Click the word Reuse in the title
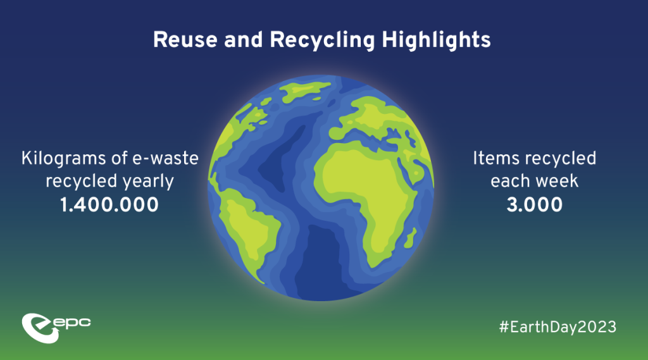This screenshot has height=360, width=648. (185, 40)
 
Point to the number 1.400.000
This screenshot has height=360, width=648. (109, 204)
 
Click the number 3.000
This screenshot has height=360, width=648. (534, 204)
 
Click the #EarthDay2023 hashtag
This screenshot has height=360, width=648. (558, 327)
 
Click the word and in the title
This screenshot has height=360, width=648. (244, 40)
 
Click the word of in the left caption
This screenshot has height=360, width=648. (119, 159)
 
